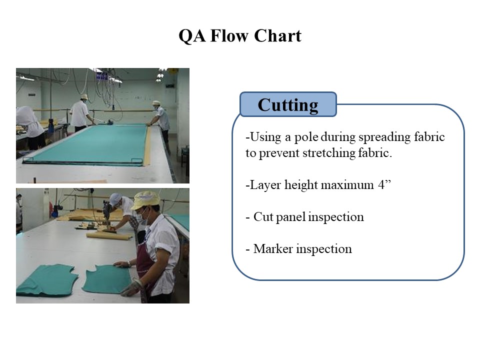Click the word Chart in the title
click(277, 35)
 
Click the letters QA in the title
click(192, 36)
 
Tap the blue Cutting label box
click(288, 104)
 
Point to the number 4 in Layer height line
click(381, 185)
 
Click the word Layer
click(265, 185)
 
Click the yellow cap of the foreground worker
click(146, 200)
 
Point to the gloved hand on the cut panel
click(130, 289)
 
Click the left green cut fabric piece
click(46, 280)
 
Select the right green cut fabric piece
click(107, 279)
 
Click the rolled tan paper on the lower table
click(109, 235)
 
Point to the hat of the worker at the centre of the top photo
click(83, 96)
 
